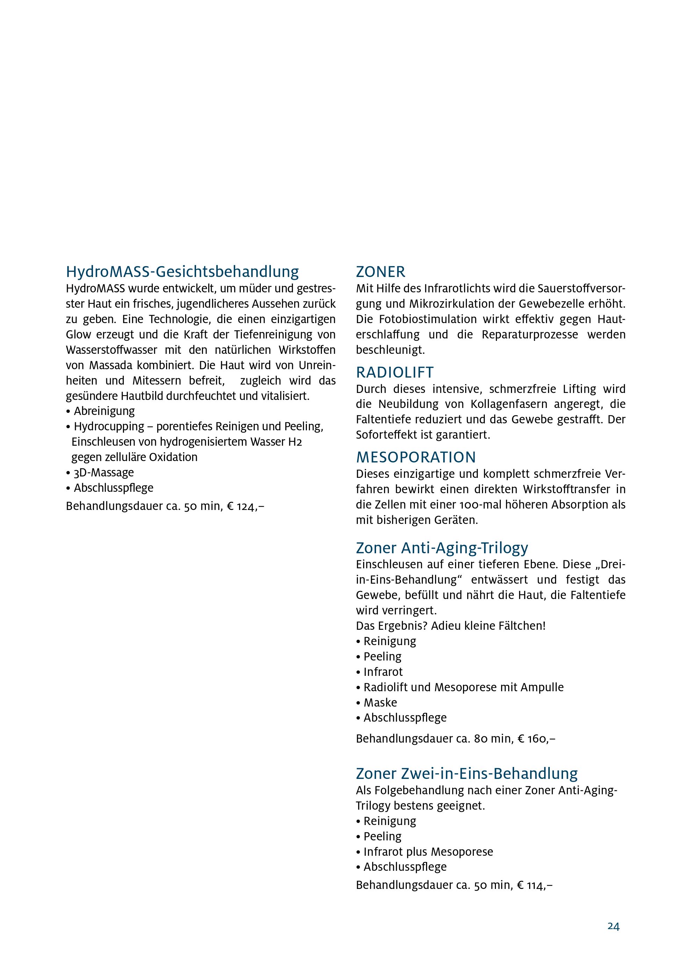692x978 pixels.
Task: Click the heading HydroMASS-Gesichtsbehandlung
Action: [x=182, y=271]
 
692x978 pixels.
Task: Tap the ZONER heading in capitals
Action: [x=381, y=271]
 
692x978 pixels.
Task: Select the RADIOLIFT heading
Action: [x=395, y=372]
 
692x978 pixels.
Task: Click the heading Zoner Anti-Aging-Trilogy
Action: [x=442, y=547]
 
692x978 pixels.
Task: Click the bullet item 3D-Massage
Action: [x=103, y=472]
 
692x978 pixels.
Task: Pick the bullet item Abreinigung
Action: [x=104, y=411]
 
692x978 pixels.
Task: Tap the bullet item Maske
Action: [x=380, y=702]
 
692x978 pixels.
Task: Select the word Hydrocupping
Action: [x=109, y=426]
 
